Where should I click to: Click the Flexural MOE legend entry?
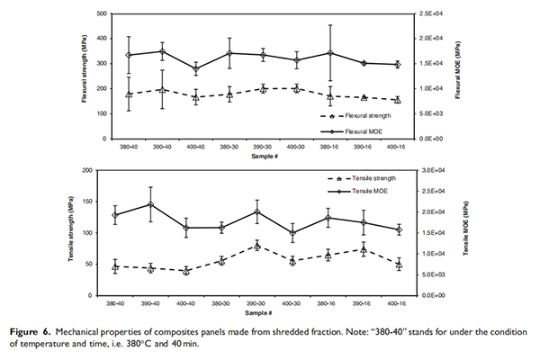pyautogui.click(x=359, y=130)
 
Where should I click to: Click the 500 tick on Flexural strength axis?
pyautogui.click(x=102, y=14)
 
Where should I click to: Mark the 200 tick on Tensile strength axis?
pyautogui.click(x=102, y=170)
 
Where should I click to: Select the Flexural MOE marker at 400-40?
pyautogui.click(x=195, y=69)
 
